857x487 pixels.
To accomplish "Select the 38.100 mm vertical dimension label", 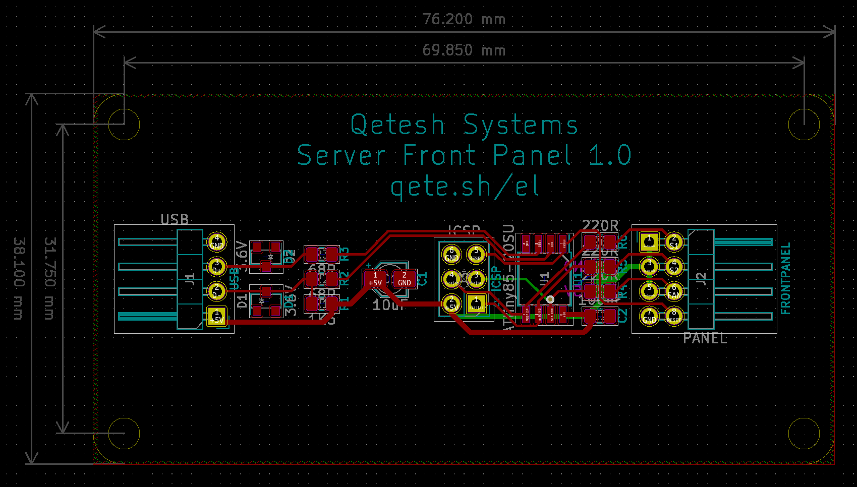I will pyautogui.click(x=18, y=278).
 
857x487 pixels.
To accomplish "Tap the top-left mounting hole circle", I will pyautogui.click(x=124, y=125).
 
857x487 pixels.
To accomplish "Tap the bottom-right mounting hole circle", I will pyautogui.click(x=804, y=434).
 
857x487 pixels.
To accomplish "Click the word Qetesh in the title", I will pyautogui.click(x=397, y=125).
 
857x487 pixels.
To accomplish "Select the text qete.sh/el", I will pyautogui.click(x=465, y=187).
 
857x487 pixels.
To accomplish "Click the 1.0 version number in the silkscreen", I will pyautogui.click(x=610, y=155).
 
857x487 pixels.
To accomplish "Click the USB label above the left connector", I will pyautogui.click(x=175, y=220).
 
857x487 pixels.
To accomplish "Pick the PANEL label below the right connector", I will pyautogui.click(x=705, y=338).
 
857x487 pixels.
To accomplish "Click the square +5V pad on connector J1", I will pyautogui.click(x=217, y=317).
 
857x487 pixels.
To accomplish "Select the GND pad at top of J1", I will pyautogui.click(x=217, y=242).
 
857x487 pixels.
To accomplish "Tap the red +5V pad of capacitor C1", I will pyautogui.click(x=375, y=279).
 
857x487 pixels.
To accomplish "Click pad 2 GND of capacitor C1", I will pyautogui.click(x=404, y=279).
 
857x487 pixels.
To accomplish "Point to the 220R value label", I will pyautogui.click(x=600, y=226).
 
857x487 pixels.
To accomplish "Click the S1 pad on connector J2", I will pyautogui.click(x=674, y=242).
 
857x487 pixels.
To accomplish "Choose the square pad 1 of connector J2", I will pyautogui.click(x=649, y=242).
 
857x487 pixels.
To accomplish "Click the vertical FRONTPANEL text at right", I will pyautogui.click(x=785, y=278).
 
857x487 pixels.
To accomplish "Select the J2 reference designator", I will pyautogui.click(x=701, y=279).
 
